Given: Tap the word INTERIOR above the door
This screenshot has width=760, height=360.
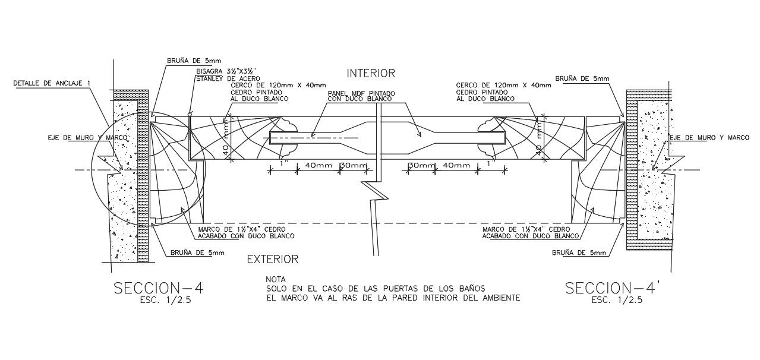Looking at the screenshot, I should click(x=371, y=73).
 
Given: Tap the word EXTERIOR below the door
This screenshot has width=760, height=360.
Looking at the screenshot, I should click(x=272, y=259).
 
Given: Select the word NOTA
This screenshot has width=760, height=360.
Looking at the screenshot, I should click(x=276, y=279).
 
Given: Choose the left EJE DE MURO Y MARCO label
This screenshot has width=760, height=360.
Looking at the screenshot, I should click(x=89, y=138).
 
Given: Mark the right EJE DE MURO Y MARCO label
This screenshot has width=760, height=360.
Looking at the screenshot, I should click(x=709, y=138).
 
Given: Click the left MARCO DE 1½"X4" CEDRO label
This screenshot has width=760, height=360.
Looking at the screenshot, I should click(x=244, y=229).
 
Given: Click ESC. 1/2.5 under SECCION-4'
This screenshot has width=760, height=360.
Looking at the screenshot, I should click(x=617, y=301).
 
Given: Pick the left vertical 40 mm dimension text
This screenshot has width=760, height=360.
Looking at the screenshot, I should click(x=226, y=140).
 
